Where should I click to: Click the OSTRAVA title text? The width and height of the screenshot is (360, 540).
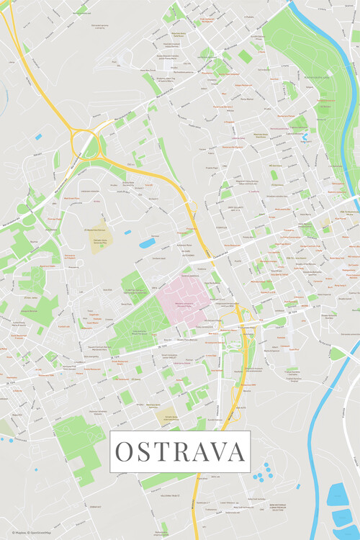[180, 451]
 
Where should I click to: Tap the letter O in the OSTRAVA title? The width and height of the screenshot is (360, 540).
[124, 451]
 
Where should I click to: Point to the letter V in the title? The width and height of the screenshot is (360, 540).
[218, 451]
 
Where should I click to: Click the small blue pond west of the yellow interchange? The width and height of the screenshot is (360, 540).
[38, 136]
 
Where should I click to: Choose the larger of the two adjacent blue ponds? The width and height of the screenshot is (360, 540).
[147, 243]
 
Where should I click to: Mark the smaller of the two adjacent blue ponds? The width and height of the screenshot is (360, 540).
[127, 233]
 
